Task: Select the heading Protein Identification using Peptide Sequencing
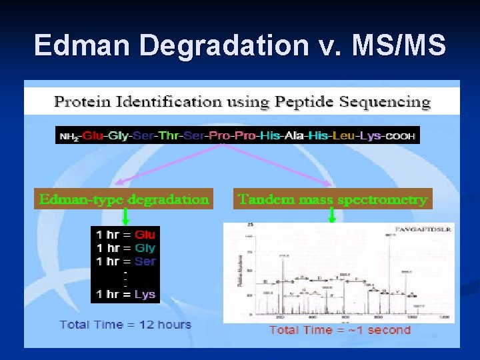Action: (242, 103)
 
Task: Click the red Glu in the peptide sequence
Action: (95, 135)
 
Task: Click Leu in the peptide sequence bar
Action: (344, 135)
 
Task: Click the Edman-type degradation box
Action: (124, 199)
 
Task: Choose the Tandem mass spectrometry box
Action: (332, 199)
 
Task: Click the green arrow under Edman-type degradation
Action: (125, 217)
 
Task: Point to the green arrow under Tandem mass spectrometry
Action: (331, 215)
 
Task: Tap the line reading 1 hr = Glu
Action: (125, 235)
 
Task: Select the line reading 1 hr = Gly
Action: (125, 248)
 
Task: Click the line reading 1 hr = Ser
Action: (125, 261)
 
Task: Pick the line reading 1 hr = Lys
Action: (125, 294)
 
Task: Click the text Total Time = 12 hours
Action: (125, 325)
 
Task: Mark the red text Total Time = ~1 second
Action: (339, 330)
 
